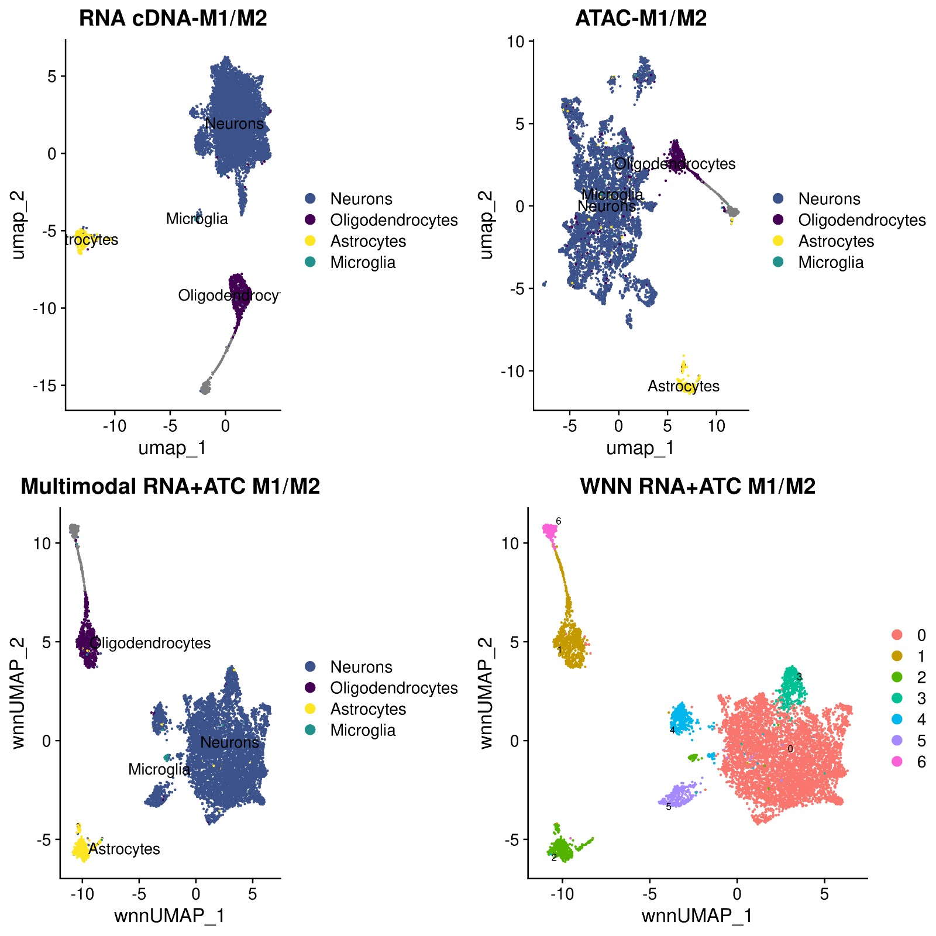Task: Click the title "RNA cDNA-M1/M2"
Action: (x=173, y=19)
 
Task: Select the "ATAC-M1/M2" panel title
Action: (x=641, y=19)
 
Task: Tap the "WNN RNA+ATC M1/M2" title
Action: (x=697, y=486)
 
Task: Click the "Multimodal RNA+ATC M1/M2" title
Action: (x=170, y=486)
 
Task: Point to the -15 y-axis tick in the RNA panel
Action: (x=46, y=386)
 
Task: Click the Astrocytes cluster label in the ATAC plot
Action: (x=683, y=386)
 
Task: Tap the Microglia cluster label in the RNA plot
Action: (x=197, y=219)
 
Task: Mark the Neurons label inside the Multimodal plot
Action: (x=229, y=742)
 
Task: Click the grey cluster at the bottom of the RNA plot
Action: (x=205, y=388)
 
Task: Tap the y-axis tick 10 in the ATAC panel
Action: (x=516, y=42)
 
